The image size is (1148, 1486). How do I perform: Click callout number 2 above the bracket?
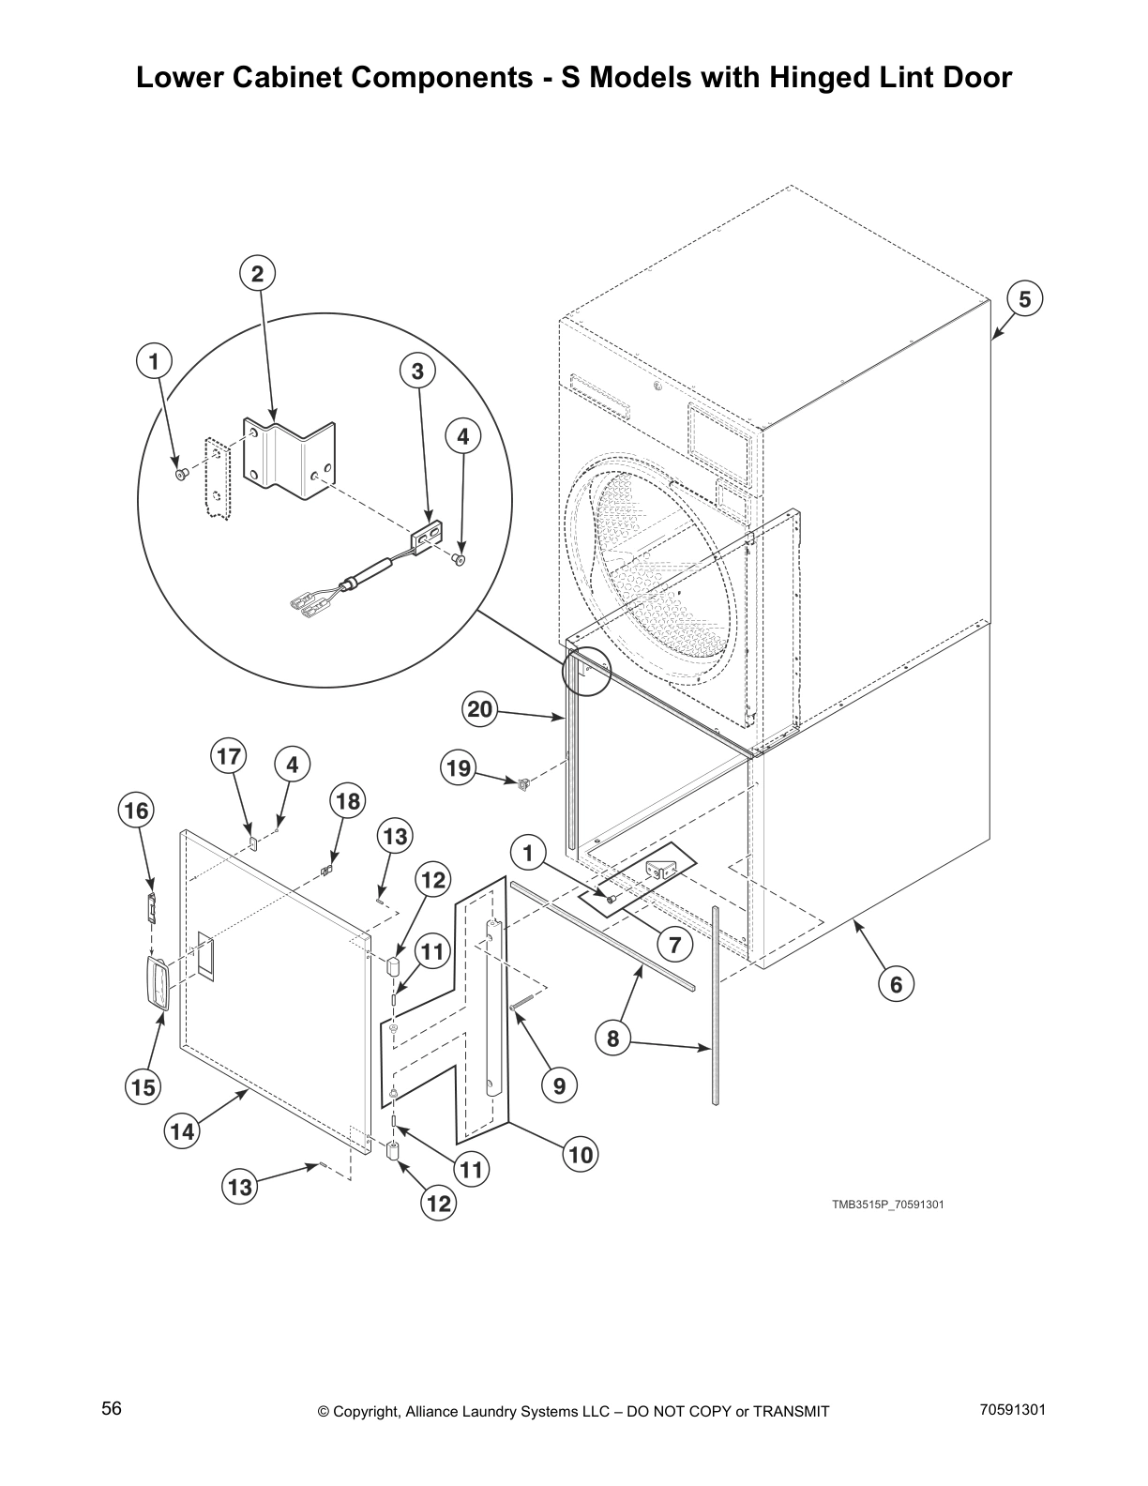[257, 274]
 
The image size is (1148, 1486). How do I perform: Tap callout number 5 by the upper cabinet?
[1024, 299]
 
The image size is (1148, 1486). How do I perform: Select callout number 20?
[479, 710]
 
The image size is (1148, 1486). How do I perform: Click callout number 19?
[459, 769]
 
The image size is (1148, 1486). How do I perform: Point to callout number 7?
[673, 945]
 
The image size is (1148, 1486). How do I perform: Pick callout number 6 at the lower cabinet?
[896, 984]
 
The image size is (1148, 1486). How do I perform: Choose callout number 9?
[559, 1085]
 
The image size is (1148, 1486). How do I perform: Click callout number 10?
[581, 1155]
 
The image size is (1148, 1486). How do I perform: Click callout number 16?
[137, 811]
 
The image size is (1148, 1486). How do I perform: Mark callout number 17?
[229, 757]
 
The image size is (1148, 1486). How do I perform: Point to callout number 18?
[347, 801]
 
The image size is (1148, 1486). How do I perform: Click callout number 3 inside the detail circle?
[417, 371]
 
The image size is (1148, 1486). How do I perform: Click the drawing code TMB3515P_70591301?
[886, 1204]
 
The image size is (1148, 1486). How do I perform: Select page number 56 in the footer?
[112, 1408]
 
